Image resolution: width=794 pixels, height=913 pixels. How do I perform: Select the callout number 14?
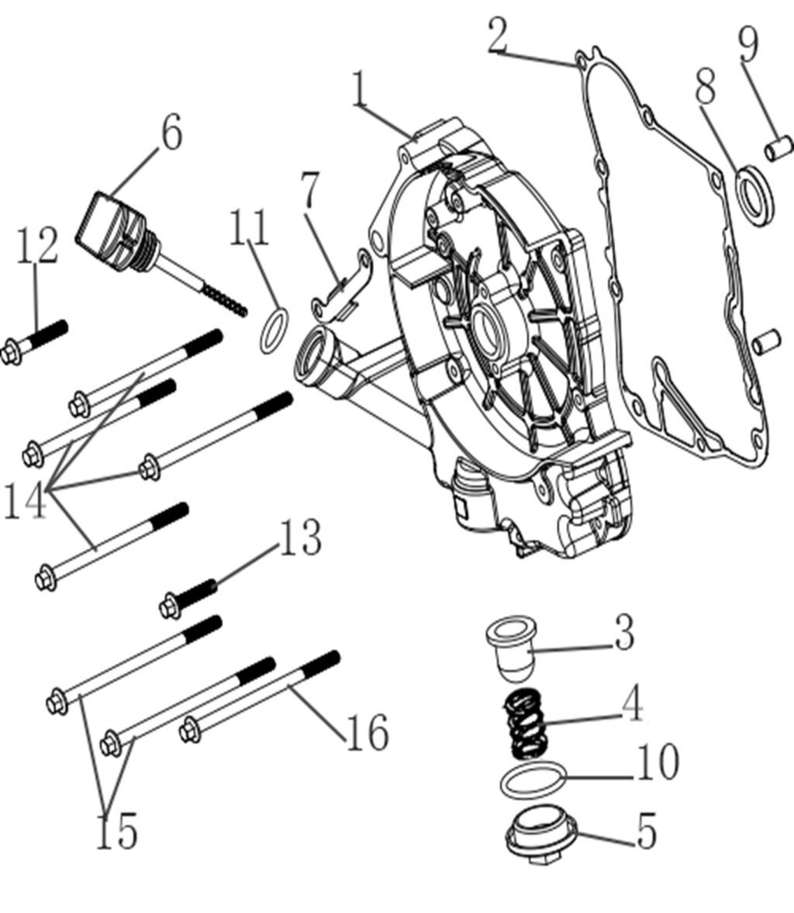[25, 500]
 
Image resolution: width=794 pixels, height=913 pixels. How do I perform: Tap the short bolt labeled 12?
[35, 341]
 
